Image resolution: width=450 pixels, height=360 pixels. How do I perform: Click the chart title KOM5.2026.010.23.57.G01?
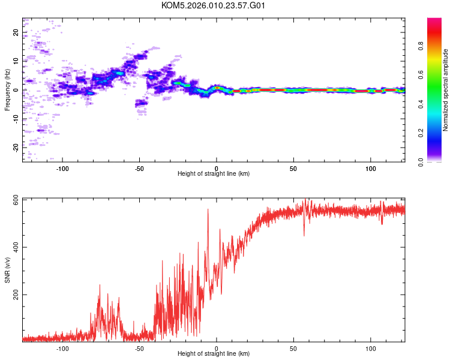point(214,5)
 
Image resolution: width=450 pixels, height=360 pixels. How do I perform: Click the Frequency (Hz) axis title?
point(8,89)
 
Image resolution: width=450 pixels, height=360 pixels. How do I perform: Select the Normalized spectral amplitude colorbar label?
point(446,91)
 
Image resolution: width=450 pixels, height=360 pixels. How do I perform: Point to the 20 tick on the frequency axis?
point(16,32)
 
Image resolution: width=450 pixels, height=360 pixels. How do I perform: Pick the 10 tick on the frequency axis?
point(16,61)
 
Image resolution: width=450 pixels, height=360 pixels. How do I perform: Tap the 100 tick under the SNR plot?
point(371,348)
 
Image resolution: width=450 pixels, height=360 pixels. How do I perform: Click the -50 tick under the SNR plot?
point(139,348)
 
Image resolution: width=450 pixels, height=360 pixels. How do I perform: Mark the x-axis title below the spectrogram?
point(214,174)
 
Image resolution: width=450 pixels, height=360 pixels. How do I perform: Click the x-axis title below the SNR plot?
point(214,355)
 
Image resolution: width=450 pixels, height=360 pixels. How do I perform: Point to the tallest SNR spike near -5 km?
point(208,210)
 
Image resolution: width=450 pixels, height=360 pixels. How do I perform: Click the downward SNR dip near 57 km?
point(304,235)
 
